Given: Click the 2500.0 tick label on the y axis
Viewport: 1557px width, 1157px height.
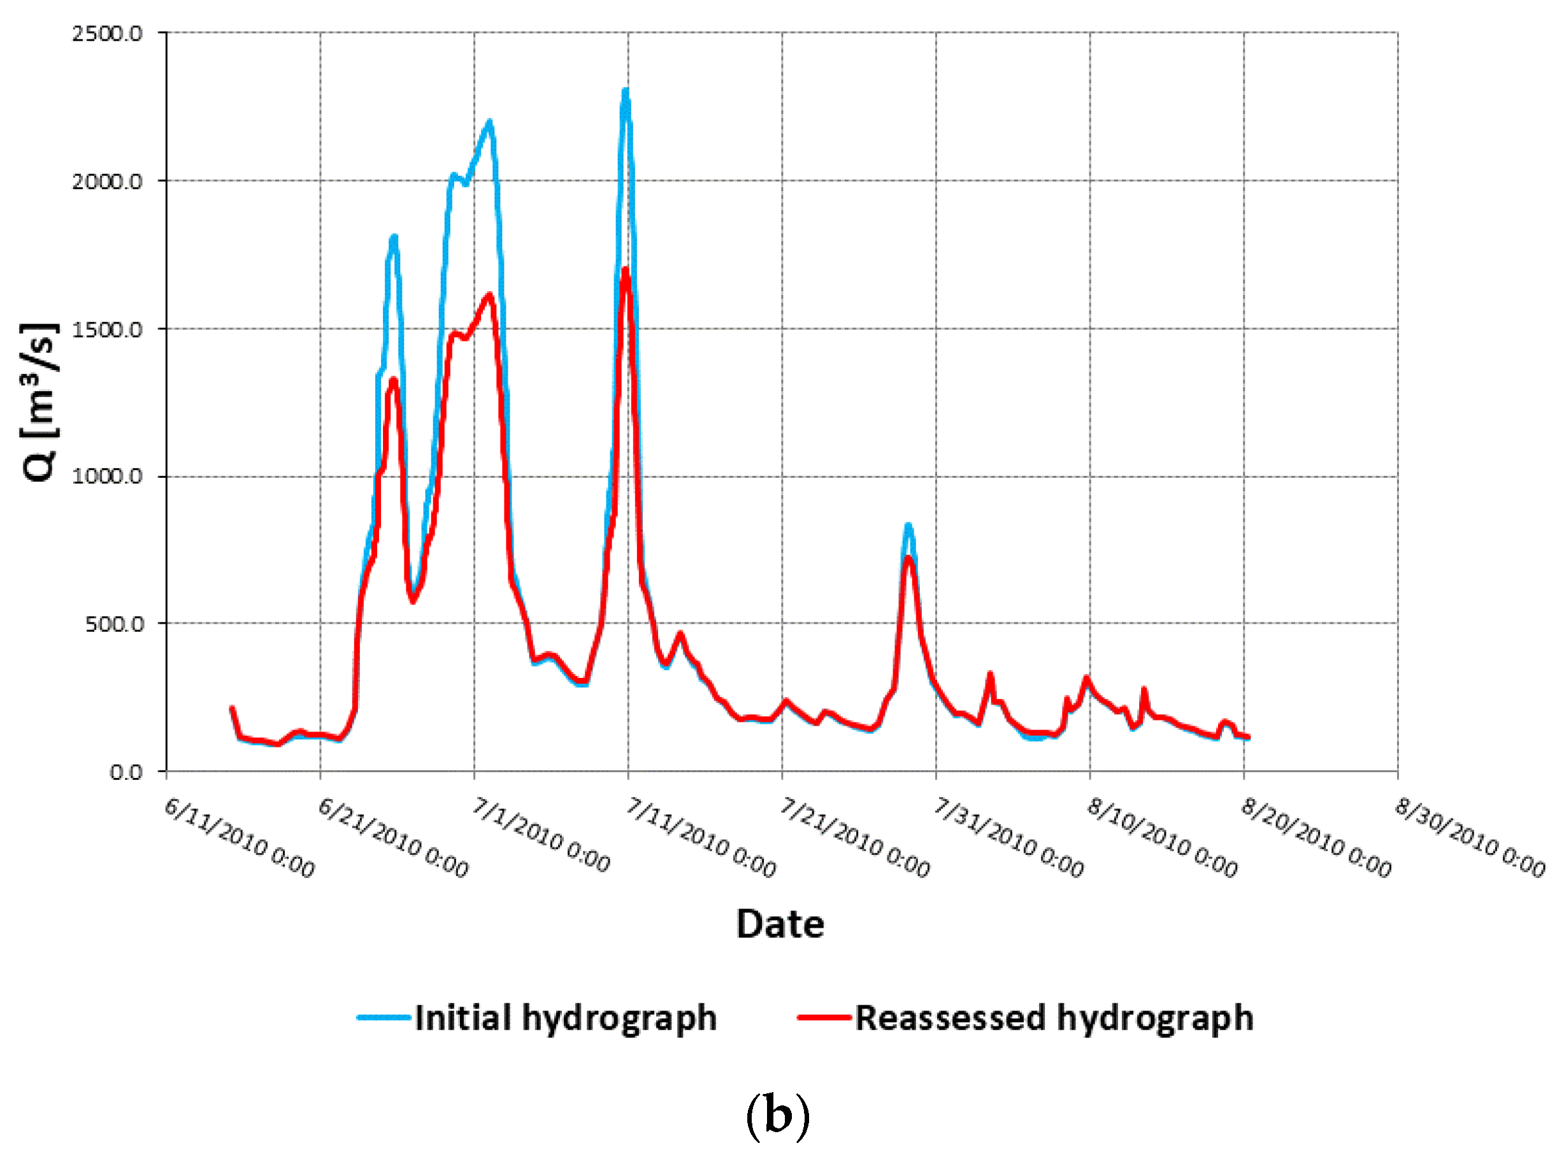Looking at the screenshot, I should pyautogui.click(x=107, y=34).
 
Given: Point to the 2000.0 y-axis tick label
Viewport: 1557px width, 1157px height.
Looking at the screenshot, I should pyautogui.click(x=107, y=182).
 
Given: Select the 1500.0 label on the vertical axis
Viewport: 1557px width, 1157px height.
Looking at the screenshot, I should pyautogui.click(x=107, y=329).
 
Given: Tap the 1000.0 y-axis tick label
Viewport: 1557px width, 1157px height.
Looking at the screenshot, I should pyautogui.click(x=107, y=477).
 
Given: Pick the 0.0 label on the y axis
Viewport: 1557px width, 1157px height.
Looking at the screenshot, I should pyautogui.click(x=126, y=772).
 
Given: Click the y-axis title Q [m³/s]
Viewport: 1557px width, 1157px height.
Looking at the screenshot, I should pyautogui.click(x=40, y=403).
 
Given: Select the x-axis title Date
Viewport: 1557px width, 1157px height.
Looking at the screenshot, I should pyautogui.click(x=780, y=924).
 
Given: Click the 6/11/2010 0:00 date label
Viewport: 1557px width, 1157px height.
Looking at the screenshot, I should pyautogui.click(x=240, y=838).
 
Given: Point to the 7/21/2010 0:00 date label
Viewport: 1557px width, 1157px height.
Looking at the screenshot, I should pyautogui.click(x=854, y=838).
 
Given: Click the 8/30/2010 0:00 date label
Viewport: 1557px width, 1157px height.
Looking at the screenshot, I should pyautogui.click(x=1470, y=838).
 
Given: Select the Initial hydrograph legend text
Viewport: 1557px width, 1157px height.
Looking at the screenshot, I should pyautogui.click(x=566, y=1017).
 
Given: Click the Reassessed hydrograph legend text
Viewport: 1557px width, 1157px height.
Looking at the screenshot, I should pyautogui.click(x=1054, y=1017).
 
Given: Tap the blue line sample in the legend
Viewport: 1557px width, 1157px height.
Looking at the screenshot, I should pyautogui.click(x=384, y=1017).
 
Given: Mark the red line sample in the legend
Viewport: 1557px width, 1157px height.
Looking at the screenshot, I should pyautogui.click(x=824, y=1017).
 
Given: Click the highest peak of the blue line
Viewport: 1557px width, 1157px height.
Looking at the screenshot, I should pyautogui.click(x=626, y=91).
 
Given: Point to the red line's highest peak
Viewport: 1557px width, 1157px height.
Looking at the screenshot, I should pyautogui.click(x=626, y=270).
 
